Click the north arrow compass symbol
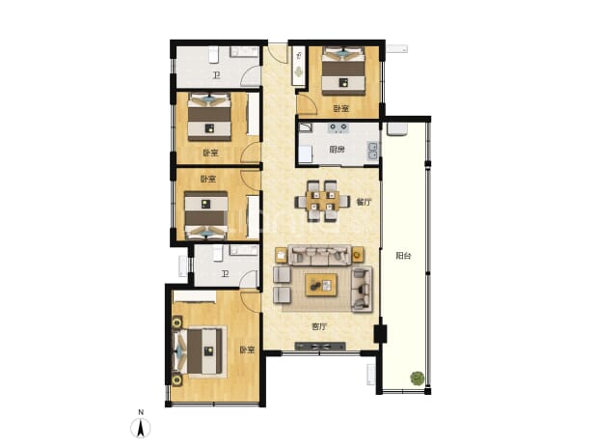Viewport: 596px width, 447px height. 141,428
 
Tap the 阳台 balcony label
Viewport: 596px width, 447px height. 403,256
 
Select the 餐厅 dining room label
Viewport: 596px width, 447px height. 364,202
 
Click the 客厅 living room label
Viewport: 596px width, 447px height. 319,326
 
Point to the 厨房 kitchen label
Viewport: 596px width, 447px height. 337,149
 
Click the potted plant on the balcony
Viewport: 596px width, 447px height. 417,378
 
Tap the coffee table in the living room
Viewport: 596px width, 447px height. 321,285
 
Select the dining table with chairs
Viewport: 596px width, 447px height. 322,201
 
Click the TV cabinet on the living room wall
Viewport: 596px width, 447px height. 320,347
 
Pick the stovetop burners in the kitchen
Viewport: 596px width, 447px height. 338,127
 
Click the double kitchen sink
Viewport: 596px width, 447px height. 372,150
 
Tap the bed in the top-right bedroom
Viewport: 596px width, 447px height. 343,70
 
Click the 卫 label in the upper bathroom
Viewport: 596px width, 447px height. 216,75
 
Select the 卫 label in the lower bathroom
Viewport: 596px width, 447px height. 225,273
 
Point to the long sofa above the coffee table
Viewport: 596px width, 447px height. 319,255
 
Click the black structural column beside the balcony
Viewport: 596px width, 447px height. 380,334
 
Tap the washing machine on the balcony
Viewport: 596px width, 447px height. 396,128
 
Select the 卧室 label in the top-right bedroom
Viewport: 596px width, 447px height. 341,108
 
